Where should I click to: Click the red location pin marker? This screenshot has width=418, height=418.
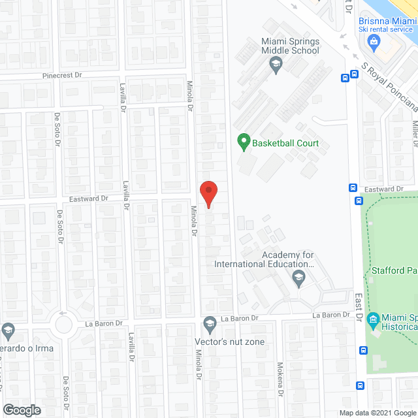click(208, 193)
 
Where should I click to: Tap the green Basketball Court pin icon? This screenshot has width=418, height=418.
click(243, 141)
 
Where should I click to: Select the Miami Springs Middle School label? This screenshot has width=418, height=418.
click(290, 46)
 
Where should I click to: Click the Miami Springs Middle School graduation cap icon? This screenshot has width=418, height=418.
click(276, 64)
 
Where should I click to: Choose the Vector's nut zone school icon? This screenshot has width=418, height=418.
click(210, 323)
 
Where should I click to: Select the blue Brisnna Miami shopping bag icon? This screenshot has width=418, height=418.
click(374, 44)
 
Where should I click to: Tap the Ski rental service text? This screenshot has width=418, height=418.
click(385, 29)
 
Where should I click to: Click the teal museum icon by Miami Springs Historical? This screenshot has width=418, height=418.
click(373, 319)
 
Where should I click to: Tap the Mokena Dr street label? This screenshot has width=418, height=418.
click(280, 379)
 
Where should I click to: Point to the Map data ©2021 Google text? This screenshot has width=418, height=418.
click(378, 413)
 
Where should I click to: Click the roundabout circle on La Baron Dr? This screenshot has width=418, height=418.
click(63, 323)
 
